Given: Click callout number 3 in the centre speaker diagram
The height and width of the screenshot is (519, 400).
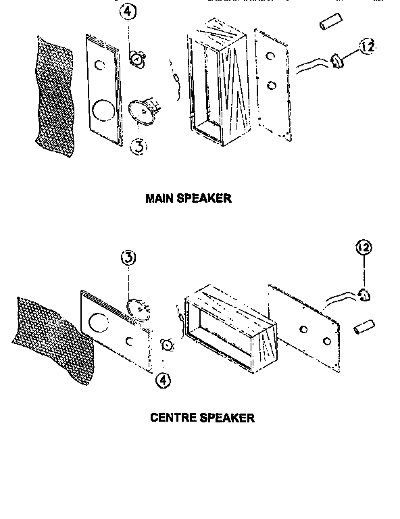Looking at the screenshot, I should click(129, 258).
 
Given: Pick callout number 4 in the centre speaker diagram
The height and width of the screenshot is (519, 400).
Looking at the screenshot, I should click(163, 380).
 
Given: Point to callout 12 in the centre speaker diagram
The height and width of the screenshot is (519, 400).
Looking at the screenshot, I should click(364, 248).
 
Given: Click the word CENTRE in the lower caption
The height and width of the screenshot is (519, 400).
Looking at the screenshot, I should click(173, 418).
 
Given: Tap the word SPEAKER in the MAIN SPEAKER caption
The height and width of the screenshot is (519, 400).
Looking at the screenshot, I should click(206, 199).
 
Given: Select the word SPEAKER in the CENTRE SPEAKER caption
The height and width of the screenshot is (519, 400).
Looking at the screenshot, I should click(227, 418).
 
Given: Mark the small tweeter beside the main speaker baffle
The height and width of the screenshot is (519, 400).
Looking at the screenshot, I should click(138, 59).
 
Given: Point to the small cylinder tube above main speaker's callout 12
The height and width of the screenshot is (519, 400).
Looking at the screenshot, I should click(328, 22).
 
